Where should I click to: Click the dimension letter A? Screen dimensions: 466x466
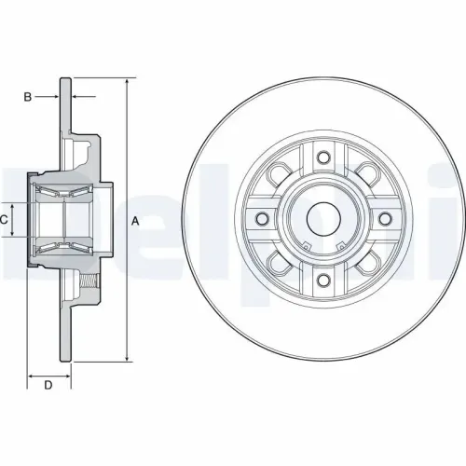pyautogui.click(x=135, y=221)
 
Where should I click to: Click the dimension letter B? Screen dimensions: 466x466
pyautogui.click(x=28, y=97)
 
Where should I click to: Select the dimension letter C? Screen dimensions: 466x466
pyautogui.click(x=5, y=220)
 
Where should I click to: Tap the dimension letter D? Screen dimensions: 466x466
pyautogui.click(x=47, y=384)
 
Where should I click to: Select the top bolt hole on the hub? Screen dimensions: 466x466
pyautogui.click(x=322, y=158)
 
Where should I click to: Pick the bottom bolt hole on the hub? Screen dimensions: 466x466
pyautogui.click(x=322, y=281)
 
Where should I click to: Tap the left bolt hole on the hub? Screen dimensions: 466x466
pyautogui.click(x=261, y=219)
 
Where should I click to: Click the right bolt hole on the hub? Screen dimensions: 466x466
pyautogui.click(x=384, y=219)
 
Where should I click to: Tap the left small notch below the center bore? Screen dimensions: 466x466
pyautogui.click(x=307, y=246)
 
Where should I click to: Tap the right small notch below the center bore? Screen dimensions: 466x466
pyautogui.click(x=338, y=246)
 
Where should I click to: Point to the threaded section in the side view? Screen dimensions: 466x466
pyautogui.click(x=89, y=280)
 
